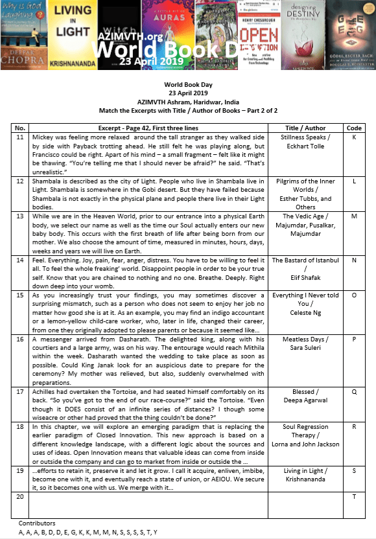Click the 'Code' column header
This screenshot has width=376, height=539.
coord(354,128)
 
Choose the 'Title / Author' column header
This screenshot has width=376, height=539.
coord(306,128)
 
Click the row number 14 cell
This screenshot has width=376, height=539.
coord(19,278)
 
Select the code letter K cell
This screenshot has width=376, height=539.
coord(354,138)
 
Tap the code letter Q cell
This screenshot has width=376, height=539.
coord(354,391)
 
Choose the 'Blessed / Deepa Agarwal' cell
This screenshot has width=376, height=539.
coord(306,396)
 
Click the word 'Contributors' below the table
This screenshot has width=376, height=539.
coord(37,522)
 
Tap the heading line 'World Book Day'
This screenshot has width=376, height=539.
coord(188,86)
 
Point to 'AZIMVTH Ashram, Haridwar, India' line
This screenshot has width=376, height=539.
coord(188,102)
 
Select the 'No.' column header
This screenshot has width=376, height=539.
coord(19,128)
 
